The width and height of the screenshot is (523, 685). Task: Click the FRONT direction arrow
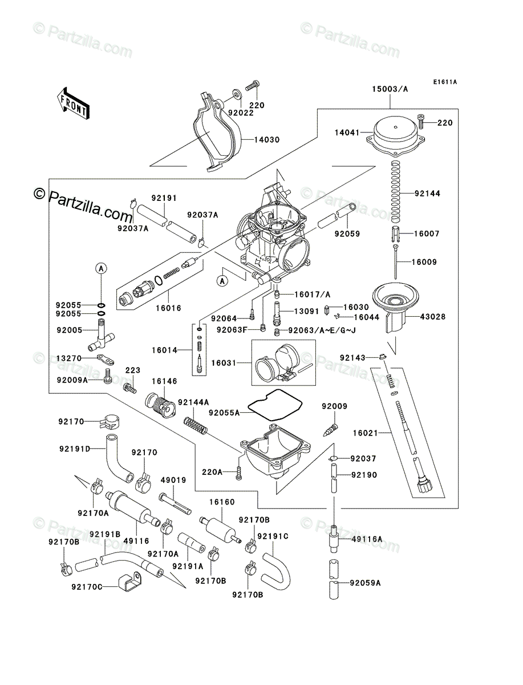72,102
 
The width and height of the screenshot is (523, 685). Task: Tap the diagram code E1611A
444,82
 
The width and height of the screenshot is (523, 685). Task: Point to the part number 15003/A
390,89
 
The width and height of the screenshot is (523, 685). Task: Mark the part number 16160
222,502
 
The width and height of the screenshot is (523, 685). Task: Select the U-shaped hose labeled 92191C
273,557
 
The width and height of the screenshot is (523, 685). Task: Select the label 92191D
74,449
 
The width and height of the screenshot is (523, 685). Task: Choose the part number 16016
169,308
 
